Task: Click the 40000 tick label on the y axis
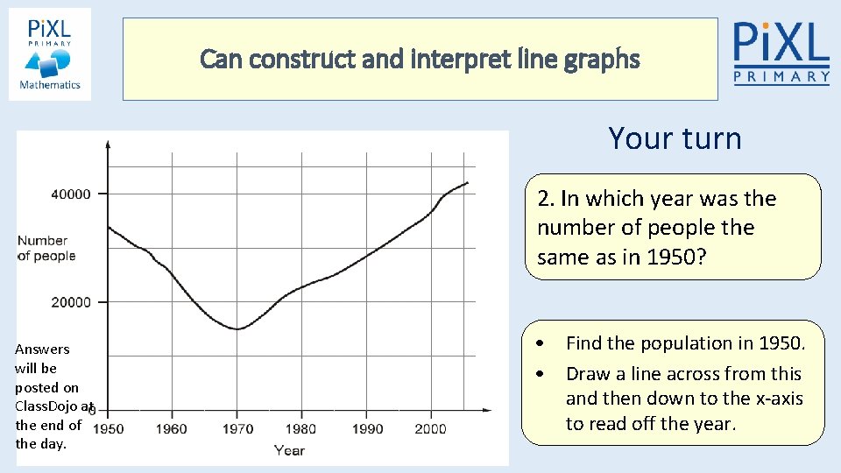coord(70,194)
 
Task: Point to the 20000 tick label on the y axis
coord(70,302)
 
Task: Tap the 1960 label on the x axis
coord(172,428)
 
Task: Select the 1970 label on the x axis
coord(237,428)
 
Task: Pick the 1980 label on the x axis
coord(301,428)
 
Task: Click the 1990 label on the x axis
coord(366,428)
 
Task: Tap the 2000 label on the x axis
coord(430,428)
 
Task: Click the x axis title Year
coord(289,450)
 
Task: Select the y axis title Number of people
coord(46,248)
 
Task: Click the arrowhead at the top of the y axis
coord(108,144)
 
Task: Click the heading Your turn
coord(675,138)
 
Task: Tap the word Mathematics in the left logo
coord(50,85)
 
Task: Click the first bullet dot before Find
coord(543,342)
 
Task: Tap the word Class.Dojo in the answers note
coord(48,406)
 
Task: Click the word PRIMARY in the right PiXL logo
coord(781,77)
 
